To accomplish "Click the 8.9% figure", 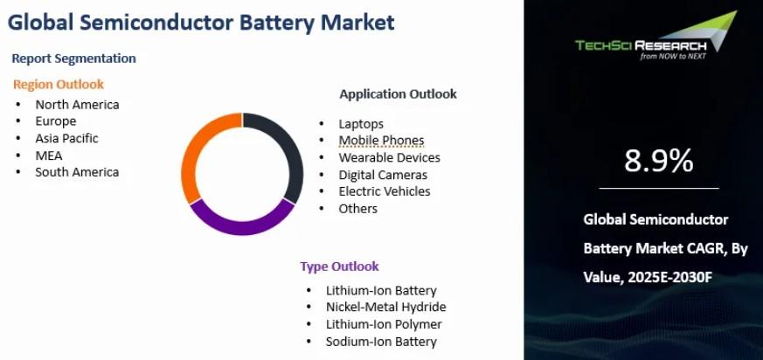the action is pyautogui.click(x=659, y=161).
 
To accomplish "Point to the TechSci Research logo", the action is pyautogui.click(x=656, y=37).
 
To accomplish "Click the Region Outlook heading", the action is pyautogui.click(x=59, y=85).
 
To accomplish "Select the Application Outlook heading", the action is pyautogui.click(x=398, y=93).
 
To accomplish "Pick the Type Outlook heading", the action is pyautogui.click(x=339, y=267).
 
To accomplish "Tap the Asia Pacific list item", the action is pyautogui.click(x=66, y=139).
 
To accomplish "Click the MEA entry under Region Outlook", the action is pyautogui.click(x=49, y=156).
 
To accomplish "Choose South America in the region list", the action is pyautogui.click(x=77, y=172).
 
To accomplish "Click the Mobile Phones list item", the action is pyautogui.click(x=381, y=141).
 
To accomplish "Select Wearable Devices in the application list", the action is pyautogui.click(x=389, y=157).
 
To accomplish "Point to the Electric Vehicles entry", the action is pyautogui.click(x=385, y=191).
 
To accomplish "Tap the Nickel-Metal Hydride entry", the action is pyautogui.click(x=386, y=307).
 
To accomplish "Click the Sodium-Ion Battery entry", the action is pyautogui.click(x=381, y=342).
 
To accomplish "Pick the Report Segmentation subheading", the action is pyautogui.click(x=74, y=59).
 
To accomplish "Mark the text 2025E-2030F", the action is pyautogui.click(x=670, y=278).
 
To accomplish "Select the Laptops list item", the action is pyautogui.click(x=361, y=125).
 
